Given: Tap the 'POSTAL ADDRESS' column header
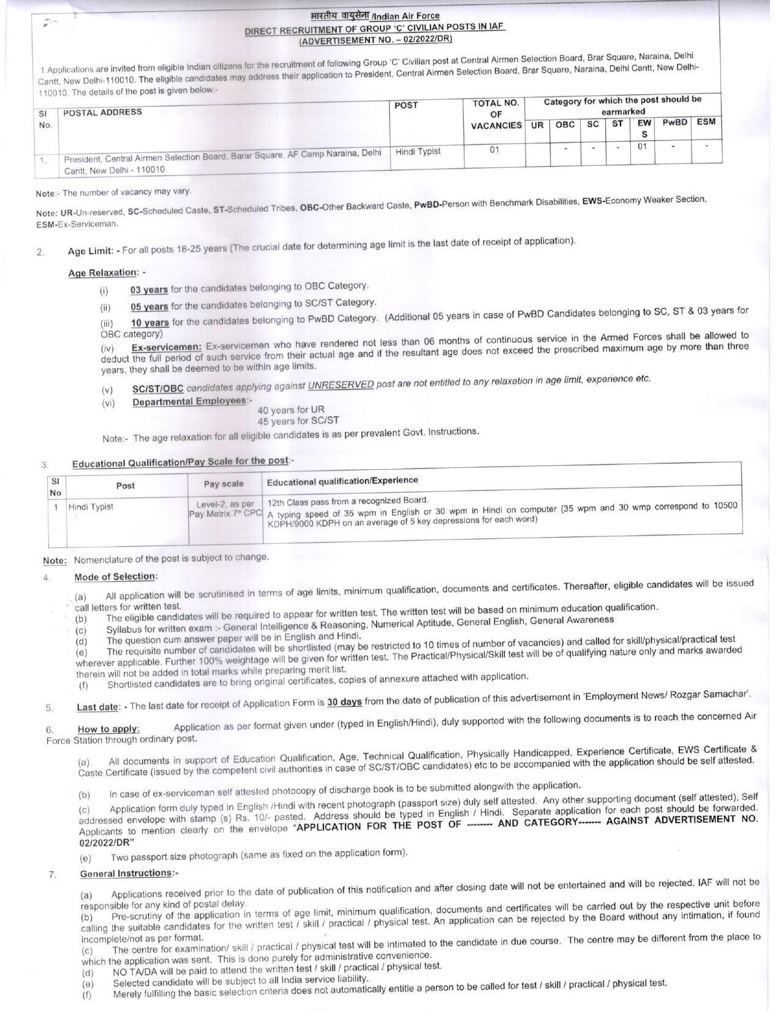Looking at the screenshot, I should tap(102, 112).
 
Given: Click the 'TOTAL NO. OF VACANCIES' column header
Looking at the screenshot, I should tap(496, 114).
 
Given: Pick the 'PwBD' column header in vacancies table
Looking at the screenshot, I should tap(674, 122).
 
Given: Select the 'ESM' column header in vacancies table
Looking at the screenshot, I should tap(706, 122).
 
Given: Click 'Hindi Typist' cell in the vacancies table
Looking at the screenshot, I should tap(418, 151).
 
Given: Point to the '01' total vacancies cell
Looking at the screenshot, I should tap(494, 149).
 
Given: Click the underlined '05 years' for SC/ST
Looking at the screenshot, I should tap(149, 306).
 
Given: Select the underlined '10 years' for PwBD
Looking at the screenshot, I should tap(149, 323).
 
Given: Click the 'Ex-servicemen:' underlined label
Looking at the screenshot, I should tap(167, 347).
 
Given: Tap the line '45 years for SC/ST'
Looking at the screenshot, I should tap(298, 421).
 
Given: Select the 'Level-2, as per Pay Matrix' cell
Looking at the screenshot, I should tap(225, 508).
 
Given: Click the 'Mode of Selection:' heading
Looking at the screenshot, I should tap(116, 577).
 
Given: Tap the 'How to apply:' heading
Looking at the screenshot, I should tap(108, 729).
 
